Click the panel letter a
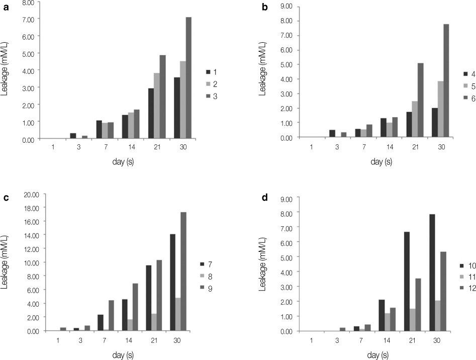[6, 6]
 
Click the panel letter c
[6, 197]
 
